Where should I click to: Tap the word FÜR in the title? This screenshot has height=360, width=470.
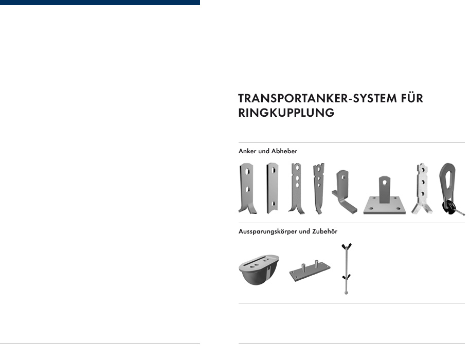tap(412, 98)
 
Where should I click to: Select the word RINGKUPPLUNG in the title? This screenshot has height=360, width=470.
tap(286, 113)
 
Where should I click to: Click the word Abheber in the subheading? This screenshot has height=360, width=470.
tap(284, 151)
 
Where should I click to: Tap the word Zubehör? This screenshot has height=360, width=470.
tap(325, 231)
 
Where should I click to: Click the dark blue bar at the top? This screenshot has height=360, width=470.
tap(100, 3)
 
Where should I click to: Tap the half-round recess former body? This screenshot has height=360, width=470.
tap(259, 269)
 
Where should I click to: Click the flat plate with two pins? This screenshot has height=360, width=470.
tap(310, 271)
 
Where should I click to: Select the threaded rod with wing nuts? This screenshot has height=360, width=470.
tap(347, 268)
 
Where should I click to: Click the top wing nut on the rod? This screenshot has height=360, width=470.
tap(347, 247)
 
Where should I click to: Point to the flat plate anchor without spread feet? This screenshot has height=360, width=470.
tap(273, 188)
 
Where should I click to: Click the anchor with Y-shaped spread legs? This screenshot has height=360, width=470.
tap(422, 189)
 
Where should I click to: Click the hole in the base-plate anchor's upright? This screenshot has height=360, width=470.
tap(385, 182)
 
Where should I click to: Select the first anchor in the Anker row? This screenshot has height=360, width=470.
tap(247, 188)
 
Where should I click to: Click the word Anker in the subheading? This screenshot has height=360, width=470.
tap(247, 151)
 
